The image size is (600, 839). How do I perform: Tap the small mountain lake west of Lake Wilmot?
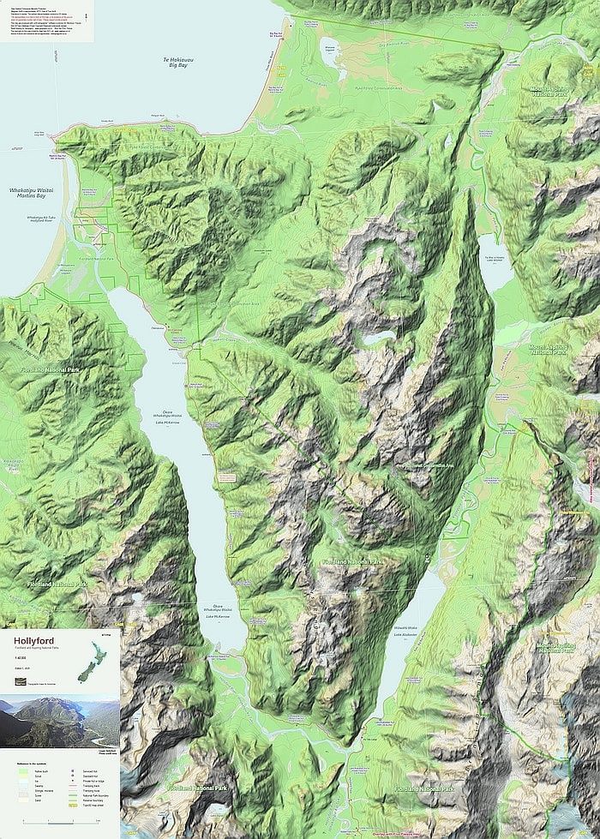(x=370, y=339)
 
